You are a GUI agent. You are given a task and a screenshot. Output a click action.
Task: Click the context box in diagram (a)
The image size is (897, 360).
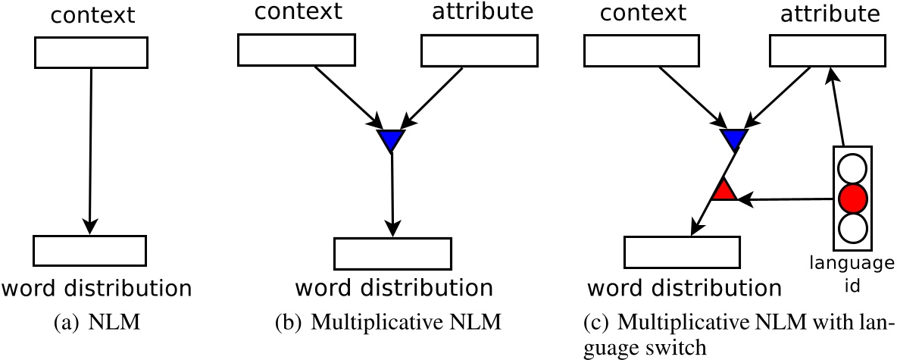point(91,52)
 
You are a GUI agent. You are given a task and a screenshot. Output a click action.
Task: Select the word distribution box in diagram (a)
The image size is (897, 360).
point(89,249)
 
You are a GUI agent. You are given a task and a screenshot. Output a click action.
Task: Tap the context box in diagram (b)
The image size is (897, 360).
point(296,49)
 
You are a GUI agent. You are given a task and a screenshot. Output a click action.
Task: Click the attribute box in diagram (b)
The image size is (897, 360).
point(479,49)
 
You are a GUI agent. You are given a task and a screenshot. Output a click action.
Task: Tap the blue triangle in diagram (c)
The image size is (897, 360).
point(733,139)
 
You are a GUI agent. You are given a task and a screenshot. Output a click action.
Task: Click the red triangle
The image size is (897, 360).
point(724,190)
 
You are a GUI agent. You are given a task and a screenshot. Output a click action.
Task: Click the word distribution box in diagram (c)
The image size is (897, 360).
point(681,250)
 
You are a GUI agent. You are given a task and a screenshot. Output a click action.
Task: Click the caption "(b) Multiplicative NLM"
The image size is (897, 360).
point(388,323)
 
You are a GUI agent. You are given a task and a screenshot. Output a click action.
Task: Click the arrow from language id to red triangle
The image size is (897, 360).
point(788,199)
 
